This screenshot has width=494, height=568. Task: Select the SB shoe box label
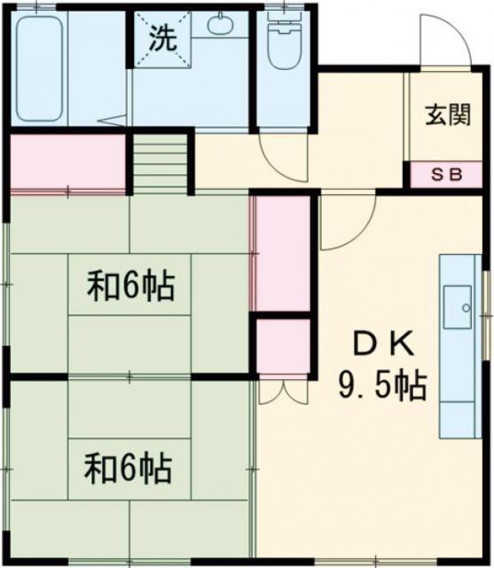(x=447, y=175)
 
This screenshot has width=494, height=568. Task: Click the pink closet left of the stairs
(x=67, y=162)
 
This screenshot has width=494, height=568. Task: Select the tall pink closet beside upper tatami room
(x=282, y=254)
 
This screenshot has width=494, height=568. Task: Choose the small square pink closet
(x=282, y=346)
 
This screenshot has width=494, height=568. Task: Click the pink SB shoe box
(x=447, y=175)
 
